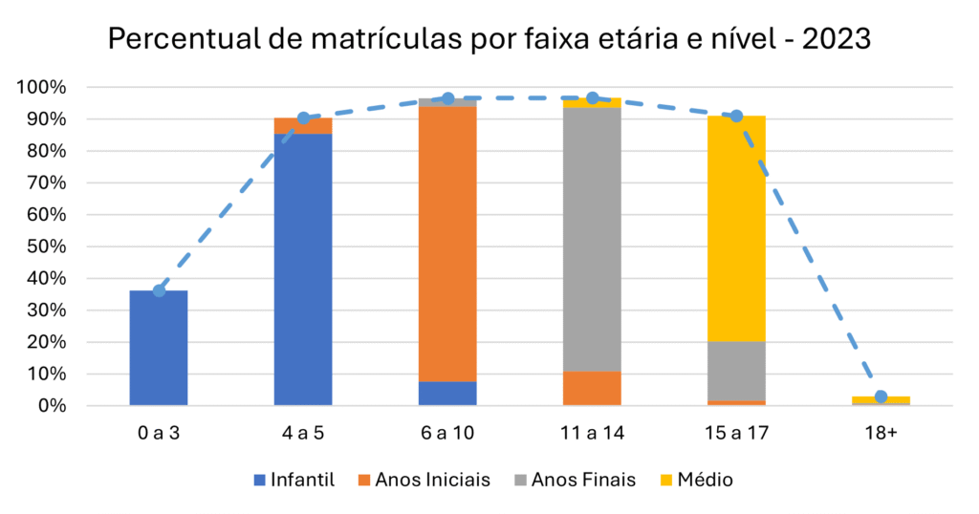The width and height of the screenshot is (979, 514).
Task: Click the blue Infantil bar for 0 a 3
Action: (159, 349)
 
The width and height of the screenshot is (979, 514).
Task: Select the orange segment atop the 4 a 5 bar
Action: (303, 126)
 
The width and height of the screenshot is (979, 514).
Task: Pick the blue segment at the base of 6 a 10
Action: (447, 394)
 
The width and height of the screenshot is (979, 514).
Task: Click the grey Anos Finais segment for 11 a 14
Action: (592, 239)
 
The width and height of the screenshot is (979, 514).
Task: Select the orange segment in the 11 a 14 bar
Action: (592, 389)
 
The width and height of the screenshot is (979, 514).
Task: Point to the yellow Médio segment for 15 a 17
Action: (736, 229)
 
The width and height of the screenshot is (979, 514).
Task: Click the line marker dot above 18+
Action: (881, 396)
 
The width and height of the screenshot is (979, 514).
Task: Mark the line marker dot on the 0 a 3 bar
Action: (159, 290)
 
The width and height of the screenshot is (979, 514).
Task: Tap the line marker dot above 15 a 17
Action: (736, 116)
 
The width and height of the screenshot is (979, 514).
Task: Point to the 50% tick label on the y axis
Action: (45, 246)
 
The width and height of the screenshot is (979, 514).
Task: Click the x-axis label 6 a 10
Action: (447, 433)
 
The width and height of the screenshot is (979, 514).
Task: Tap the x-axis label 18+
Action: (881, 433)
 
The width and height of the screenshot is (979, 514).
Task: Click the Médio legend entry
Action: (705, 480)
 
